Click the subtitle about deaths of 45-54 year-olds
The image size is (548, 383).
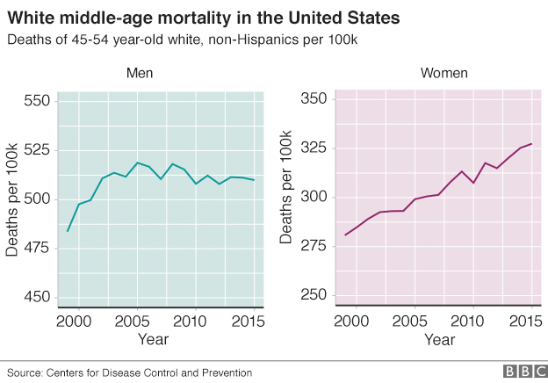[185, 40]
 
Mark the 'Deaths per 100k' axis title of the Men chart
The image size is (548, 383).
[11, 200]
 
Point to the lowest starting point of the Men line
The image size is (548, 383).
[68, 231]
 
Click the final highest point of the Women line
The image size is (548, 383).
[531, 144]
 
